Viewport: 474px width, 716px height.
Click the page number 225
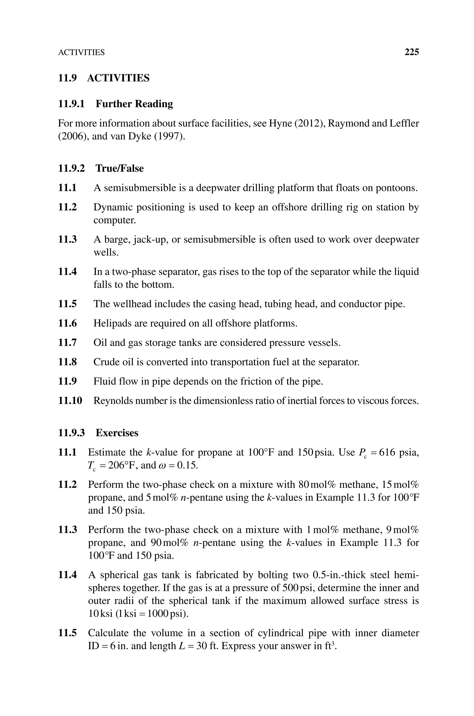point(412,52)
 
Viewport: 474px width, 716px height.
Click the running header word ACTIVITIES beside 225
point(81,53)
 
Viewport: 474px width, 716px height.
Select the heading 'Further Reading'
point(134,104)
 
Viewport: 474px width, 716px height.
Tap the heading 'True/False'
point(119,168)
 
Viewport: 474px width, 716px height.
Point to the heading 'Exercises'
point(117,433)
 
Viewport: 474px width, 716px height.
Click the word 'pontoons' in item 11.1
point(396,188)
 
